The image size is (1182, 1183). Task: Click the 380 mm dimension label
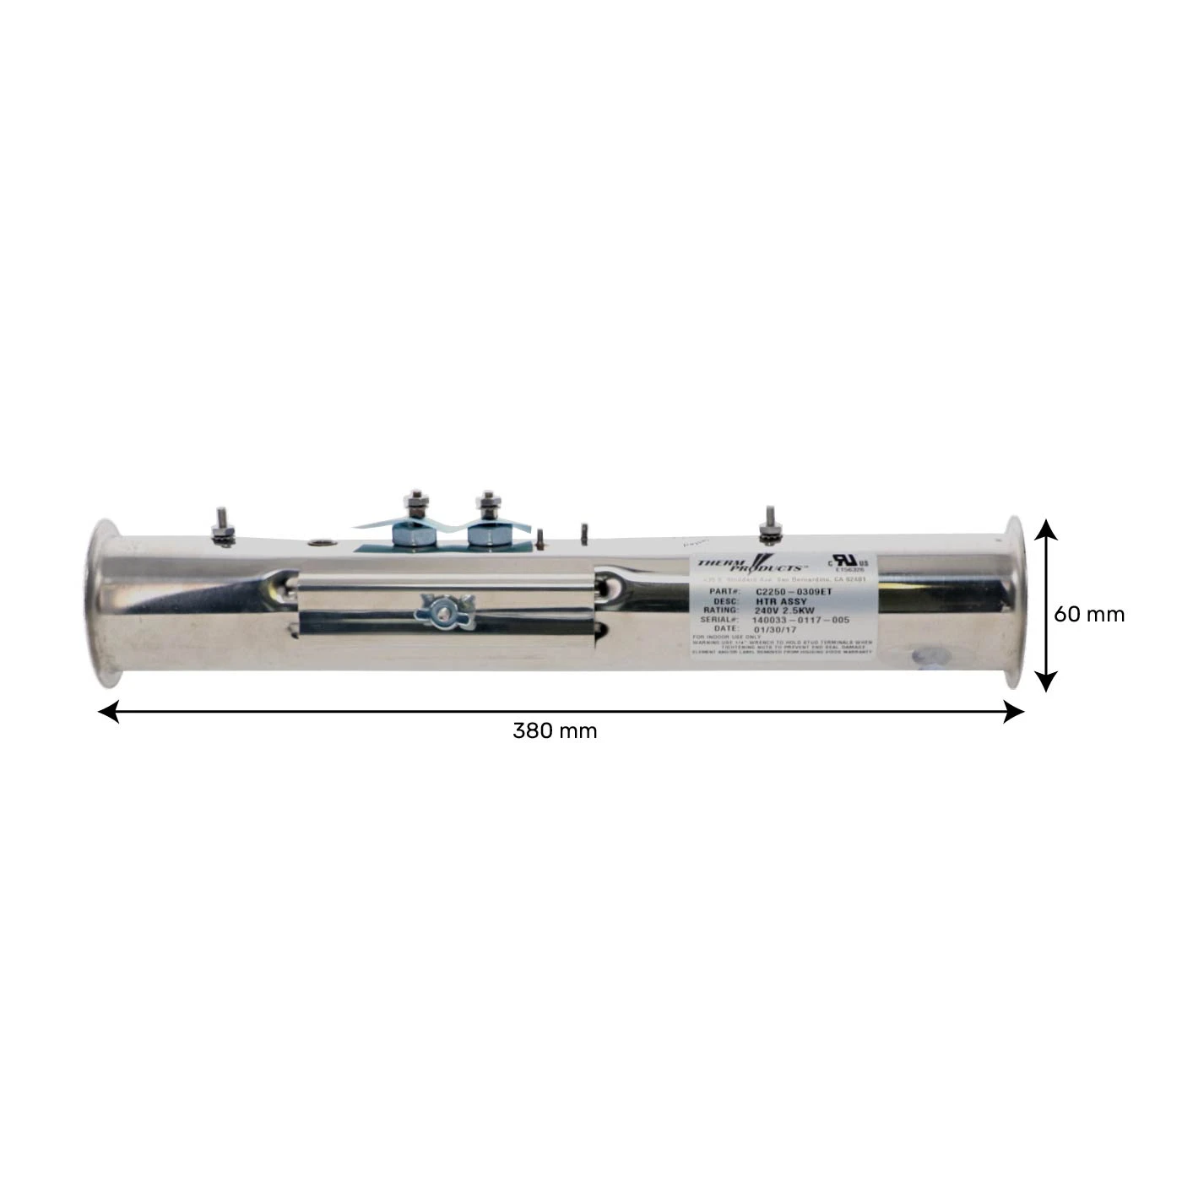(554, 730)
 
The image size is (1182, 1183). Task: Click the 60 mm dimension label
(1088, 614)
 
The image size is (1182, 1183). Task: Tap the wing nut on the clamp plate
(439, 609)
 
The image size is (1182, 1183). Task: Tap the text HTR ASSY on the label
(781, 601)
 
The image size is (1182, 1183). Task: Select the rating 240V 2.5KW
(784, 610)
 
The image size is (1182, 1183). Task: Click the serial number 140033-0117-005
(800, 620)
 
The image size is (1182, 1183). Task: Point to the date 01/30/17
(774, 629)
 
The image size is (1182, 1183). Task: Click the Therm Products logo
(749, 564)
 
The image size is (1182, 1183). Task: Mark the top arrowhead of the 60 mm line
(1046, 529)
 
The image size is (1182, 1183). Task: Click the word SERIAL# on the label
(720, 620)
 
